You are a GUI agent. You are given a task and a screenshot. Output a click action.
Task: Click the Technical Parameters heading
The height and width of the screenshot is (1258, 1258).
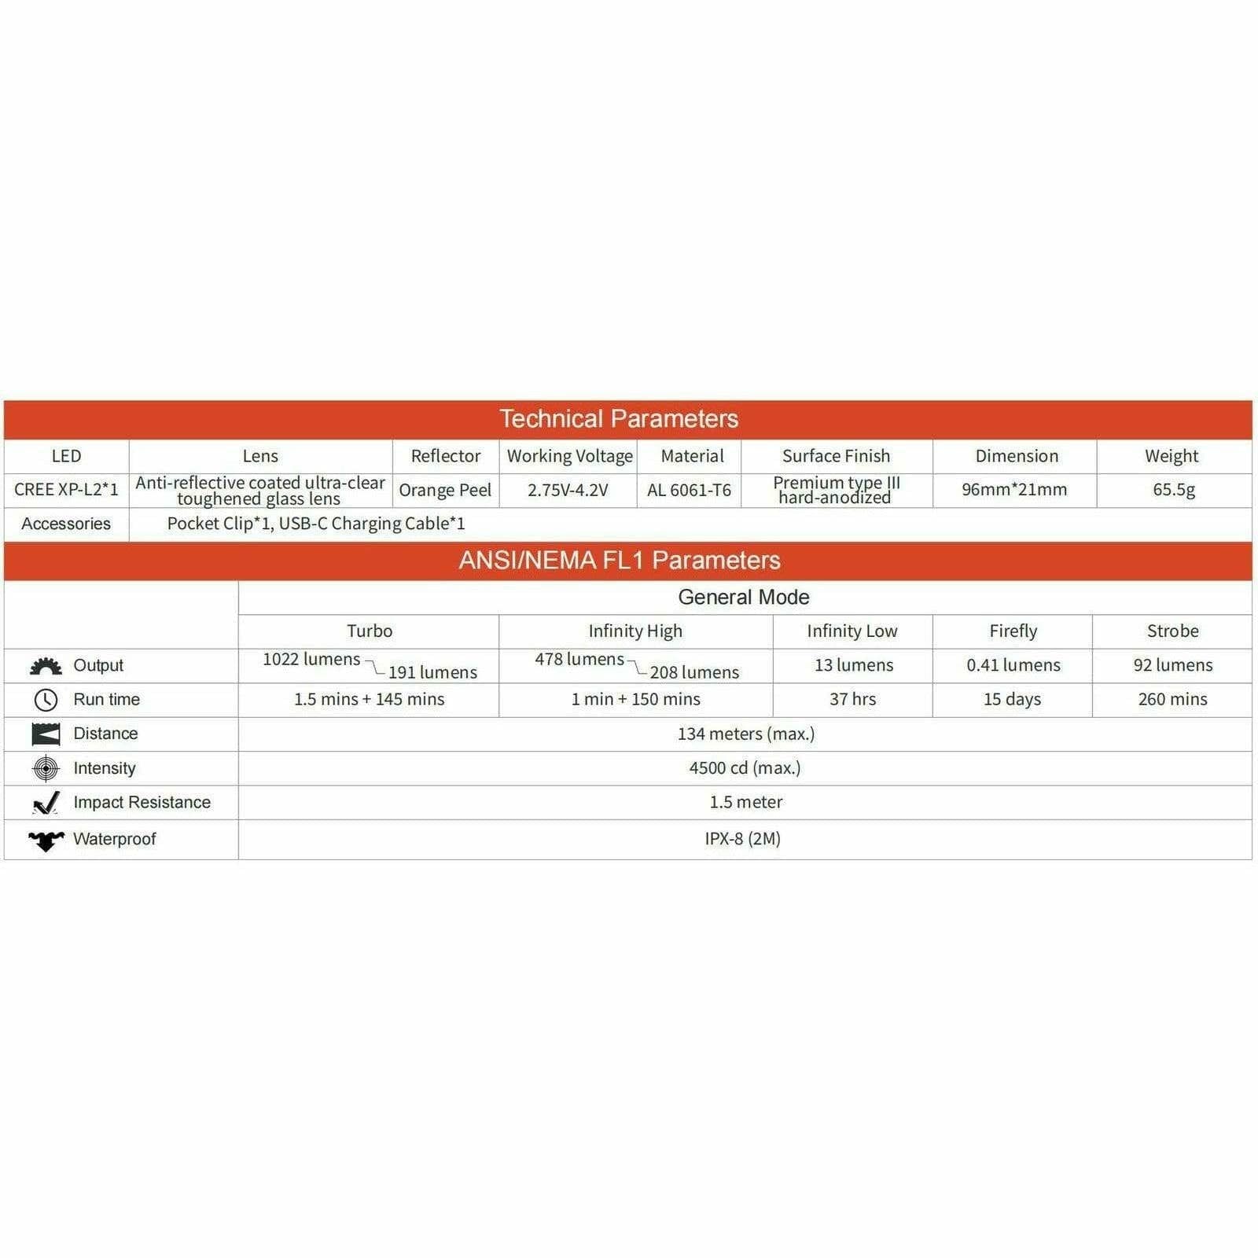click(619, 419)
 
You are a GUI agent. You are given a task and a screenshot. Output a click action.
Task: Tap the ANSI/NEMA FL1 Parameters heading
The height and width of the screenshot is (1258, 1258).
click(620, 561)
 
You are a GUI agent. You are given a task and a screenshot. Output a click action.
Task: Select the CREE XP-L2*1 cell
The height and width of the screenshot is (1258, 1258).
click(66, 490)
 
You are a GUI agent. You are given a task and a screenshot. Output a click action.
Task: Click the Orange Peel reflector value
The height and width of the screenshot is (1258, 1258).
click(445, 491)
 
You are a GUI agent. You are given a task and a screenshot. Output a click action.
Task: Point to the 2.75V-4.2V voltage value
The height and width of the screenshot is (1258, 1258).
click(568, 491)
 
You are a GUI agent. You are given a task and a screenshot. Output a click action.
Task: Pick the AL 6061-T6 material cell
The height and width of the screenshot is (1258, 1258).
click(689, 491)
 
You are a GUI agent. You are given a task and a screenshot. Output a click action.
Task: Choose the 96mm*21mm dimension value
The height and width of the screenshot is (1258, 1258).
click(1014, 490)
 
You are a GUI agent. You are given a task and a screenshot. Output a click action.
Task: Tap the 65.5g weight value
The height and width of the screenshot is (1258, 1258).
click(1174, 490)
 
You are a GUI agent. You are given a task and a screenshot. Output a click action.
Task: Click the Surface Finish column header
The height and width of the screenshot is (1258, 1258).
click(836, 456)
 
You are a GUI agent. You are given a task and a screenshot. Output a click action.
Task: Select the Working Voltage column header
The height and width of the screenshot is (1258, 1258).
click(569, 456)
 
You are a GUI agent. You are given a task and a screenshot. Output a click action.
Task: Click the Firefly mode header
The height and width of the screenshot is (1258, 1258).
click(1013, 631)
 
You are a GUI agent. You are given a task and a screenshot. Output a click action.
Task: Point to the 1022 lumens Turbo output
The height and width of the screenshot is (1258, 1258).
click(311, 660)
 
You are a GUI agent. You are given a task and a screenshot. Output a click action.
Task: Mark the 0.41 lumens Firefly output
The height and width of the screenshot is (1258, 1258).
click(1013, 665)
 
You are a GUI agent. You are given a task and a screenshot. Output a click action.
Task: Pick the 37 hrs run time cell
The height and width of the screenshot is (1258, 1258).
click(852, 699)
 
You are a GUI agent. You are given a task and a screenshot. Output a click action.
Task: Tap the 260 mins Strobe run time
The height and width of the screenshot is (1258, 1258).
click(1172, 699)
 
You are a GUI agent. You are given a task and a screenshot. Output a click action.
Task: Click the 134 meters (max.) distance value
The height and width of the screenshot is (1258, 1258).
click(745, 734)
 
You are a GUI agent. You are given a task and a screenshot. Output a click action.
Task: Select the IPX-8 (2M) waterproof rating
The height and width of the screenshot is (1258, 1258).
click(742, 839)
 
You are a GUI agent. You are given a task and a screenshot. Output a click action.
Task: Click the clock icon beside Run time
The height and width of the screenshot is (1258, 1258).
click(46, 700)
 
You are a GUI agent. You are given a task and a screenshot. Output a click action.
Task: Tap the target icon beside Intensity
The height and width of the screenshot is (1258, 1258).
click(46, 768)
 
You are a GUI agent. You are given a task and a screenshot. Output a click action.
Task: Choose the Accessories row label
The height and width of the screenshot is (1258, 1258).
click(66, 524)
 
